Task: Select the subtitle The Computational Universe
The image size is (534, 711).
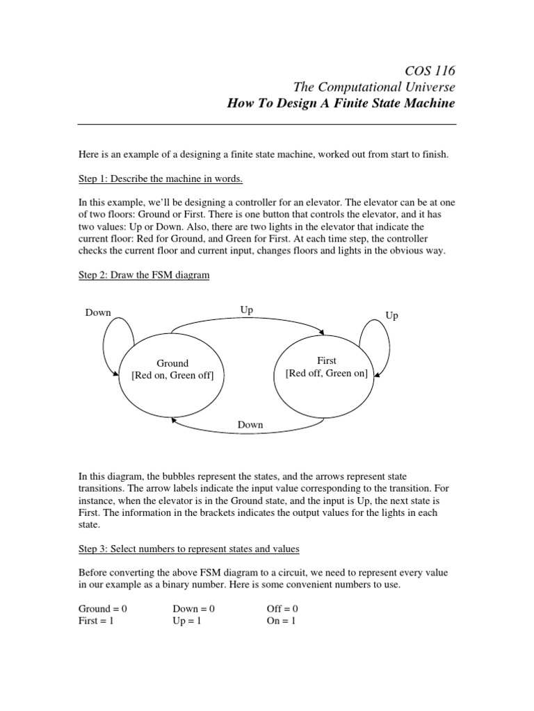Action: point(375,87)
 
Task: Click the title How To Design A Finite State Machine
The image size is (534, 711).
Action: point(341,103)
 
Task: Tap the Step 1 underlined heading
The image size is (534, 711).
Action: point(161,179)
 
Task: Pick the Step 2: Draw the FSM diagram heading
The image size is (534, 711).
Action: point(144,276)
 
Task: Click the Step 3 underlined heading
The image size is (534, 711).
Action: point(188,549)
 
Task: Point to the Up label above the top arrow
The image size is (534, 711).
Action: point(247,310)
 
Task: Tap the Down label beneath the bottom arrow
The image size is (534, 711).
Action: point(250,424)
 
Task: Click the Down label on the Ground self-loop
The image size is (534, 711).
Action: point(98,312)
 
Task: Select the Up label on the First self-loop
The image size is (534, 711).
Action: point(392,315)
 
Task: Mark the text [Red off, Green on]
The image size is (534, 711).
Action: point(327,374)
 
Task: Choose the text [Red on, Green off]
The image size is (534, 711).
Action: point(172,376)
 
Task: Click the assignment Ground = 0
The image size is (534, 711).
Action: point(103,608)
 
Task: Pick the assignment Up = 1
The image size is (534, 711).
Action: point(186,621)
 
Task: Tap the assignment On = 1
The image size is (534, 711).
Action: point(282,621)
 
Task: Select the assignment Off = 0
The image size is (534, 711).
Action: point(282,608)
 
